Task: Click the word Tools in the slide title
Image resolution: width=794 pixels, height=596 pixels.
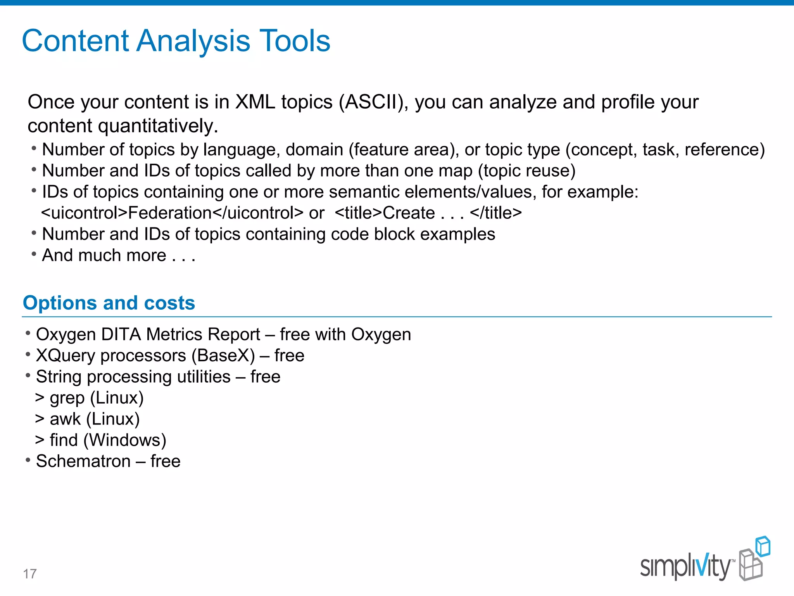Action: point(294,41)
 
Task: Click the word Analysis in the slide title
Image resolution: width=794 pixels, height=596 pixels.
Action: point(193,41)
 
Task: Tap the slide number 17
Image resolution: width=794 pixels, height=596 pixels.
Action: point(30,573)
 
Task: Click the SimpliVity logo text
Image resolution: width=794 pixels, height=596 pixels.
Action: point(685,567)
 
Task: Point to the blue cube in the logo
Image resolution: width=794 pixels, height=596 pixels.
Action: point(763,546)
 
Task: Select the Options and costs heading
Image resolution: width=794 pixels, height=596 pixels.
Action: point(109,303)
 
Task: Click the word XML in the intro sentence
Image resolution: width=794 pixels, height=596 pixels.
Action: point(255,102)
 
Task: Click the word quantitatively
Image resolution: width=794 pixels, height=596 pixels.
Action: point(158,126)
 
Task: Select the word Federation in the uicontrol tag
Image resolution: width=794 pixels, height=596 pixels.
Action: point(170,213)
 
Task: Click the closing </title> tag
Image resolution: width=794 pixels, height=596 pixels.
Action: point(495,213)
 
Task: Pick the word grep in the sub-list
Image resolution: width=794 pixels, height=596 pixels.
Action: point(67,398)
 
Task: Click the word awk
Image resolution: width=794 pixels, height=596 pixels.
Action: point(65,419)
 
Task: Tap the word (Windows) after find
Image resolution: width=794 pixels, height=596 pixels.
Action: point(125,440)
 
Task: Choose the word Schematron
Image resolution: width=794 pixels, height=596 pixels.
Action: point(83,461)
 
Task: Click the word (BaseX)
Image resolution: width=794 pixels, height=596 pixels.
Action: point(223,356)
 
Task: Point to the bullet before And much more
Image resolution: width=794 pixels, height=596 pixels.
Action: point(34,254)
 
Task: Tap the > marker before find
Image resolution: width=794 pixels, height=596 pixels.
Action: point(40,440)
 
